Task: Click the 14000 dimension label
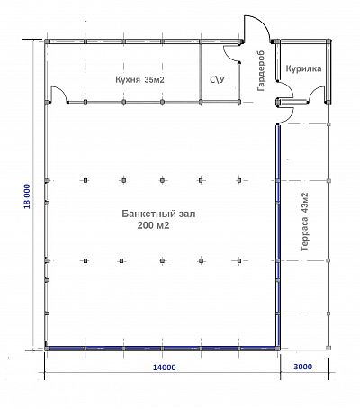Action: click(165, 368)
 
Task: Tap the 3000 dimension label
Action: click(302, 367)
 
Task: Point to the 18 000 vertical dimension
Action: click(27, 196)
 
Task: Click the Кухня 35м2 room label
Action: click(139, 80)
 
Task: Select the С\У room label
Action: click(217, 79)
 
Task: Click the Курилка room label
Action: click(303, 68)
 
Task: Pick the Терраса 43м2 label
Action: click(304, 222)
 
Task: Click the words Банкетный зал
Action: click(158, 214)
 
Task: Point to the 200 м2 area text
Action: click(153, 225)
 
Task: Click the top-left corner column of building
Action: click(47, 41)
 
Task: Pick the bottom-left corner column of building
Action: click(47, 349)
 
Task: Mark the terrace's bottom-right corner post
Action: click(328, 348)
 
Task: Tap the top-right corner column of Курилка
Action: click(329, 41)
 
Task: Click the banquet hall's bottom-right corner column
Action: click(278, 349)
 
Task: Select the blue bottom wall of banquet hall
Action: click(162, 349)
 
